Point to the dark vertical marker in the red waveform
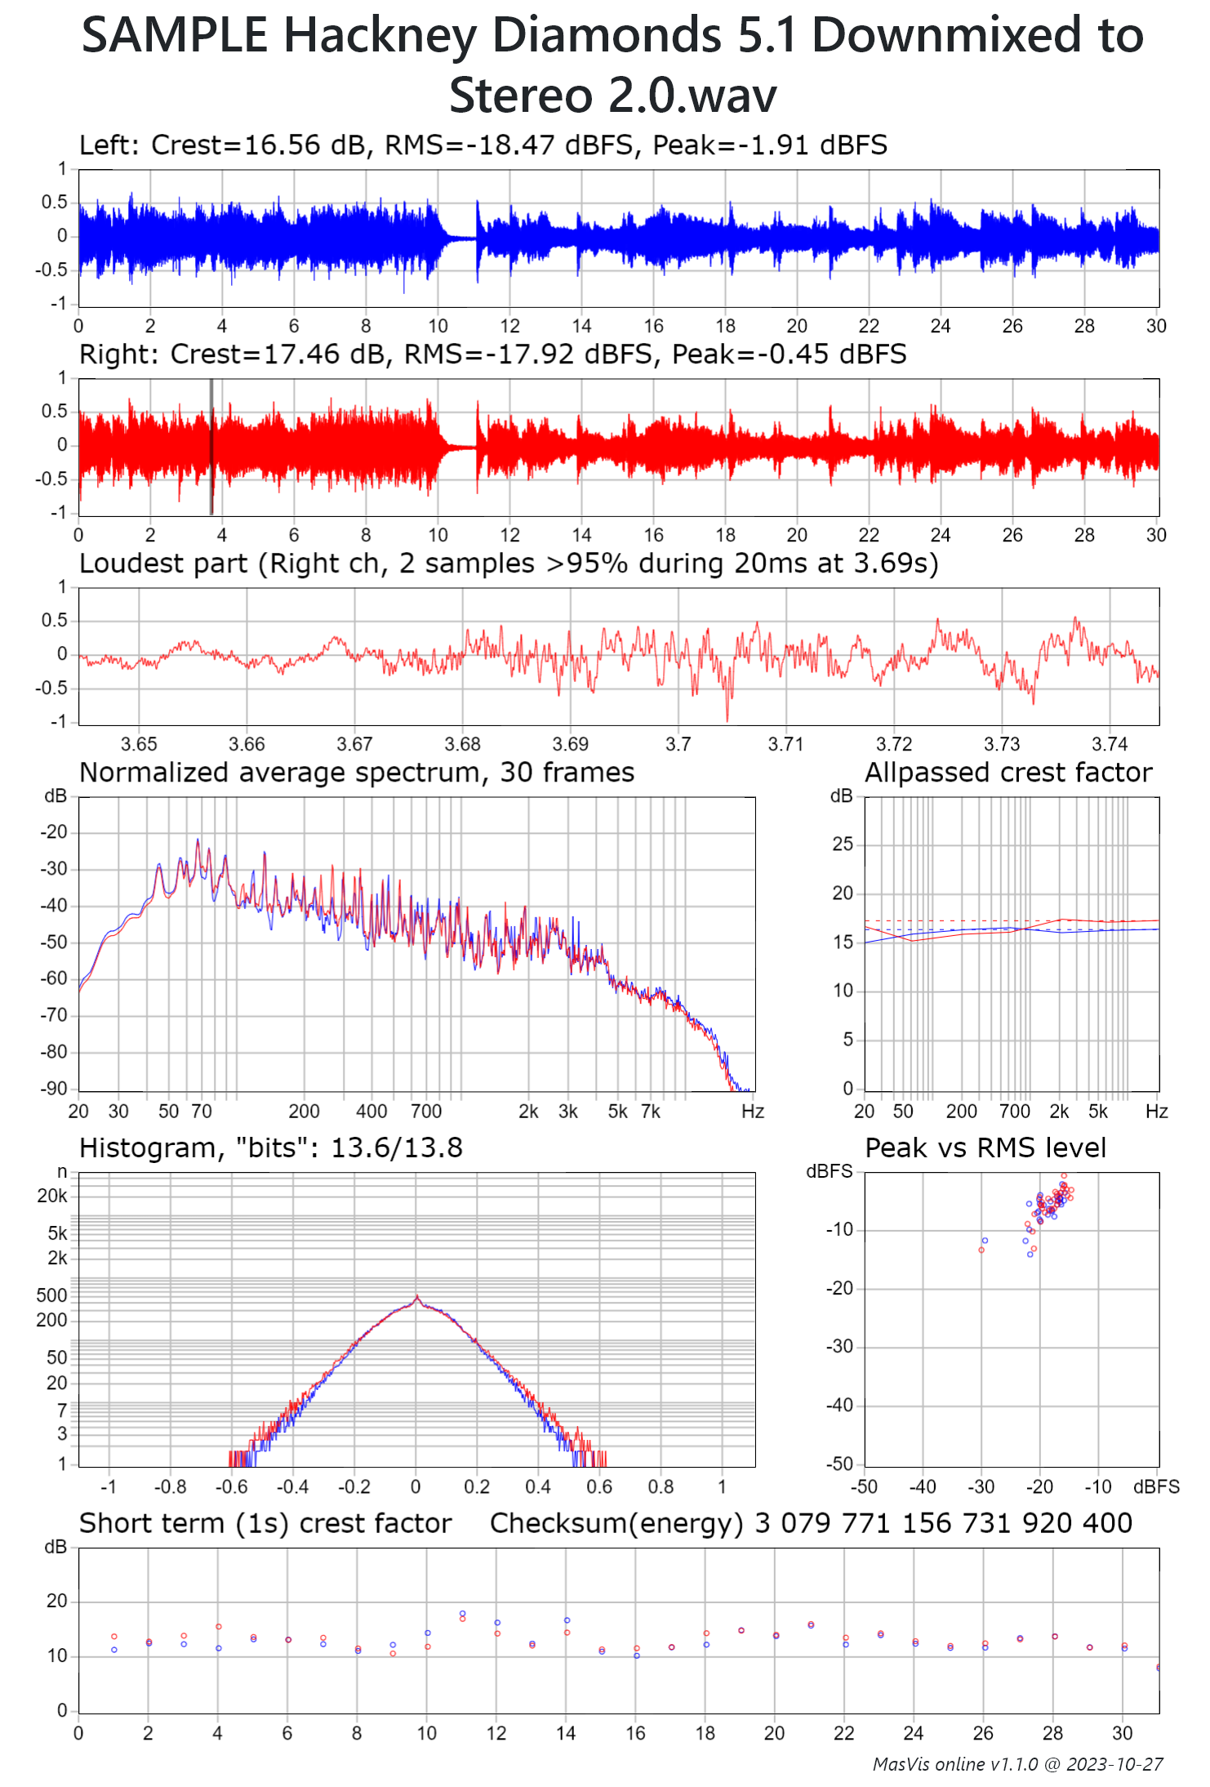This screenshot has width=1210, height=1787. point(211,446)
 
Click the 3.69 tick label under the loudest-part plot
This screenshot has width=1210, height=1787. point(570,744)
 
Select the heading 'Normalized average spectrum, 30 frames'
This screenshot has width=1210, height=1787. point(357,773)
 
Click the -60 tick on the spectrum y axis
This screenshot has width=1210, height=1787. point(55,978)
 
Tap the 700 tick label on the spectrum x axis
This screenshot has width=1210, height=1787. point(426,1112)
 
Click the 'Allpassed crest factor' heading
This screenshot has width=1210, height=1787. point(1008,773)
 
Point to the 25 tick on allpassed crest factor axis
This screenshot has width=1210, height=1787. point(843,844)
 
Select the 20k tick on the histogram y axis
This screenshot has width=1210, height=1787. point(52,1197)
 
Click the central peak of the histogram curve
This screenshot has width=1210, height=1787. point(416,1297)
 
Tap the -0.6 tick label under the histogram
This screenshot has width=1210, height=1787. point(232,1486)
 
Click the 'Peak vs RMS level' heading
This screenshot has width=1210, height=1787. point(985,1148)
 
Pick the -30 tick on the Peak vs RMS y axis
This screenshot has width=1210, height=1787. point(840,1347)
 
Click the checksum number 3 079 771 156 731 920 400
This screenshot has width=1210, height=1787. point(943,1524)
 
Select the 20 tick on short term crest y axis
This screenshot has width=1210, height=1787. point(56,1602)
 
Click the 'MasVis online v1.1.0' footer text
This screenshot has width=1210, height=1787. point(954,1764)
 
